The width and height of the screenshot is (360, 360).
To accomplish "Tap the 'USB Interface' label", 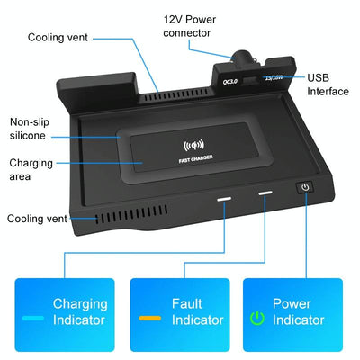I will [328, 85].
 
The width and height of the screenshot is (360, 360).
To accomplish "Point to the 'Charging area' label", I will [31, 170].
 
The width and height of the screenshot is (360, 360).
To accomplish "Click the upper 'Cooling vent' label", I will [58, 38].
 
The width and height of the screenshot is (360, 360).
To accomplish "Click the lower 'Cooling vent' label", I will [38, 219].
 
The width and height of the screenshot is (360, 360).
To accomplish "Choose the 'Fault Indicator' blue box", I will [180, 312].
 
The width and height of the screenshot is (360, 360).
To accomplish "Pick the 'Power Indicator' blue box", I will [292, 312].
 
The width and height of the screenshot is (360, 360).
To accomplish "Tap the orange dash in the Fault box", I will [149, 319].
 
